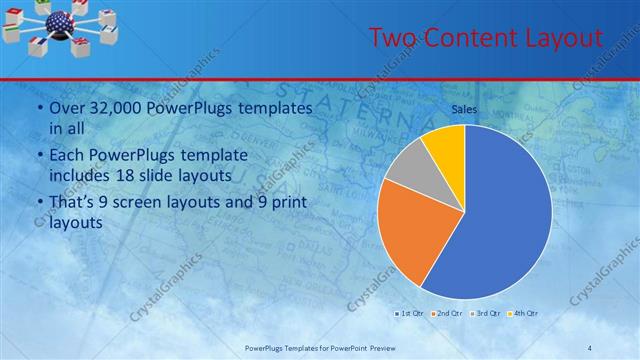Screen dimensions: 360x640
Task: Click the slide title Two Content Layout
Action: [x=485, y=39]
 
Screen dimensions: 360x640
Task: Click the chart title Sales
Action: [x=463, y=110]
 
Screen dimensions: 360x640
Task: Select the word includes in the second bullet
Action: [x=82, y=175]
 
